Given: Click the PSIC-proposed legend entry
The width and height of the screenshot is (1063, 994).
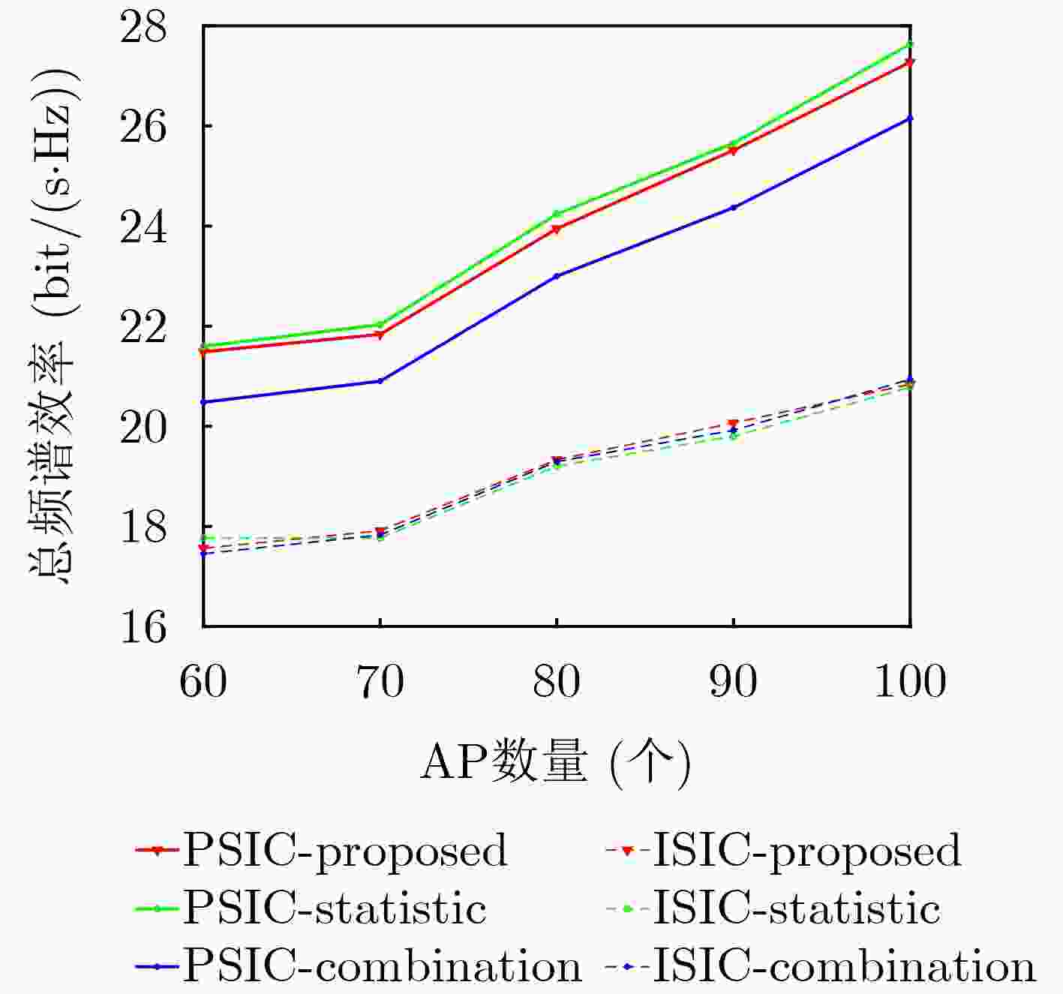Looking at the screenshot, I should tap(323, 851).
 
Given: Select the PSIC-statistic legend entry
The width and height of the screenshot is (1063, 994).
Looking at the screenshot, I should tap(312, 908).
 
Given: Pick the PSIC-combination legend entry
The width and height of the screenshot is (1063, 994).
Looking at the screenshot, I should tap(359, 966).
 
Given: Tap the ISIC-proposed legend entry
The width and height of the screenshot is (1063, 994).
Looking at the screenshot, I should tap(783, 851).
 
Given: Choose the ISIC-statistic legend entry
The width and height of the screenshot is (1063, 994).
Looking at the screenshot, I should tap(773, 908).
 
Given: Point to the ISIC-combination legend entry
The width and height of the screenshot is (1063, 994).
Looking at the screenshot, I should tap(820, 966).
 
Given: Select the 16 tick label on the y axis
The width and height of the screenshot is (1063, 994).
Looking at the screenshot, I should tap(144, 626).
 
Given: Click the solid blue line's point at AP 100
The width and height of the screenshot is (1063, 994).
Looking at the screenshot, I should tap(910, 118).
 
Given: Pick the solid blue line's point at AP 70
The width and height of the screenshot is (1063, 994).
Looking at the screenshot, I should tap(380, 381).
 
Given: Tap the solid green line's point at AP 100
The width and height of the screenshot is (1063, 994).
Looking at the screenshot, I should tap(910, 44).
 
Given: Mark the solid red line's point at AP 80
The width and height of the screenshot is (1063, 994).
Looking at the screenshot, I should tap(557, 229).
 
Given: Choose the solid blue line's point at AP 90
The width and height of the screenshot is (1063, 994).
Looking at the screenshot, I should tap(734, 207).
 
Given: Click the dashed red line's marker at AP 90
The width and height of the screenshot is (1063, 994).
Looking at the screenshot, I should tap(734, 424).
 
